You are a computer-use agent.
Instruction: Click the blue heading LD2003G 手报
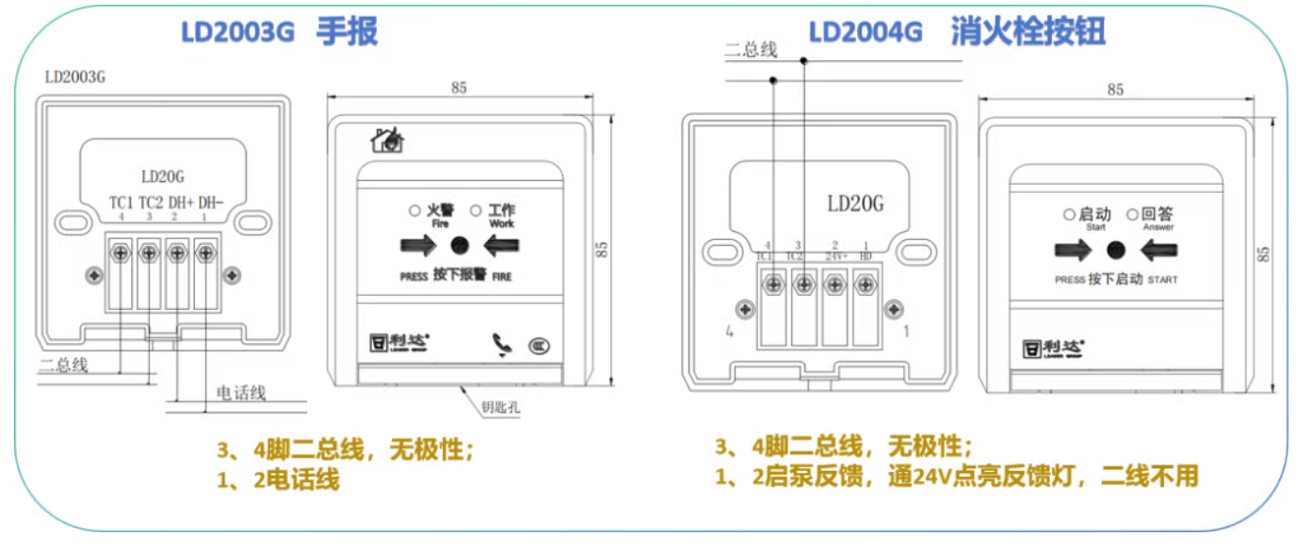[x=279, y=33]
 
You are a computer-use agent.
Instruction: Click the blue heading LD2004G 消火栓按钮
[x=957, y=33]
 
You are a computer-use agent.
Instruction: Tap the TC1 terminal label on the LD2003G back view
[x=121, y=203]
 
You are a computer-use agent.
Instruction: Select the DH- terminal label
[x=210, y=203]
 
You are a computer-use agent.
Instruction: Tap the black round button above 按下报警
[x=460, y=246]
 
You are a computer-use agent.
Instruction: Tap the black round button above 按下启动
[x=1116, y=251]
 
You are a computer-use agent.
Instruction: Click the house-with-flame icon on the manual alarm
[x=387, y=141]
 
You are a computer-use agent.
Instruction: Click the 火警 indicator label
[x=440, y=211]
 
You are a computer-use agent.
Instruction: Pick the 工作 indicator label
[x=502, y=211]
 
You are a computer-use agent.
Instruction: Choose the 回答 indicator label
[x=1157, y=215]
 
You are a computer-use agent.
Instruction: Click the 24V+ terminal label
[x=834, y=255]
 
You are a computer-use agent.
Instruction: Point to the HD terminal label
[x=865, y=255]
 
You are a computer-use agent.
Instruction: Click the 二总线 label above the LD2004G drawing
[x=751, y=50]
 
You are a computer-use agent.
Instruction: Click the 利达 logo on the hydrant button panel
[x=1053, y=348]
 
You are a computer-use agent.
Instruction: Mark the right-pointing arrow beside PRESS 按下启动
[x=1072, y=251]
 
